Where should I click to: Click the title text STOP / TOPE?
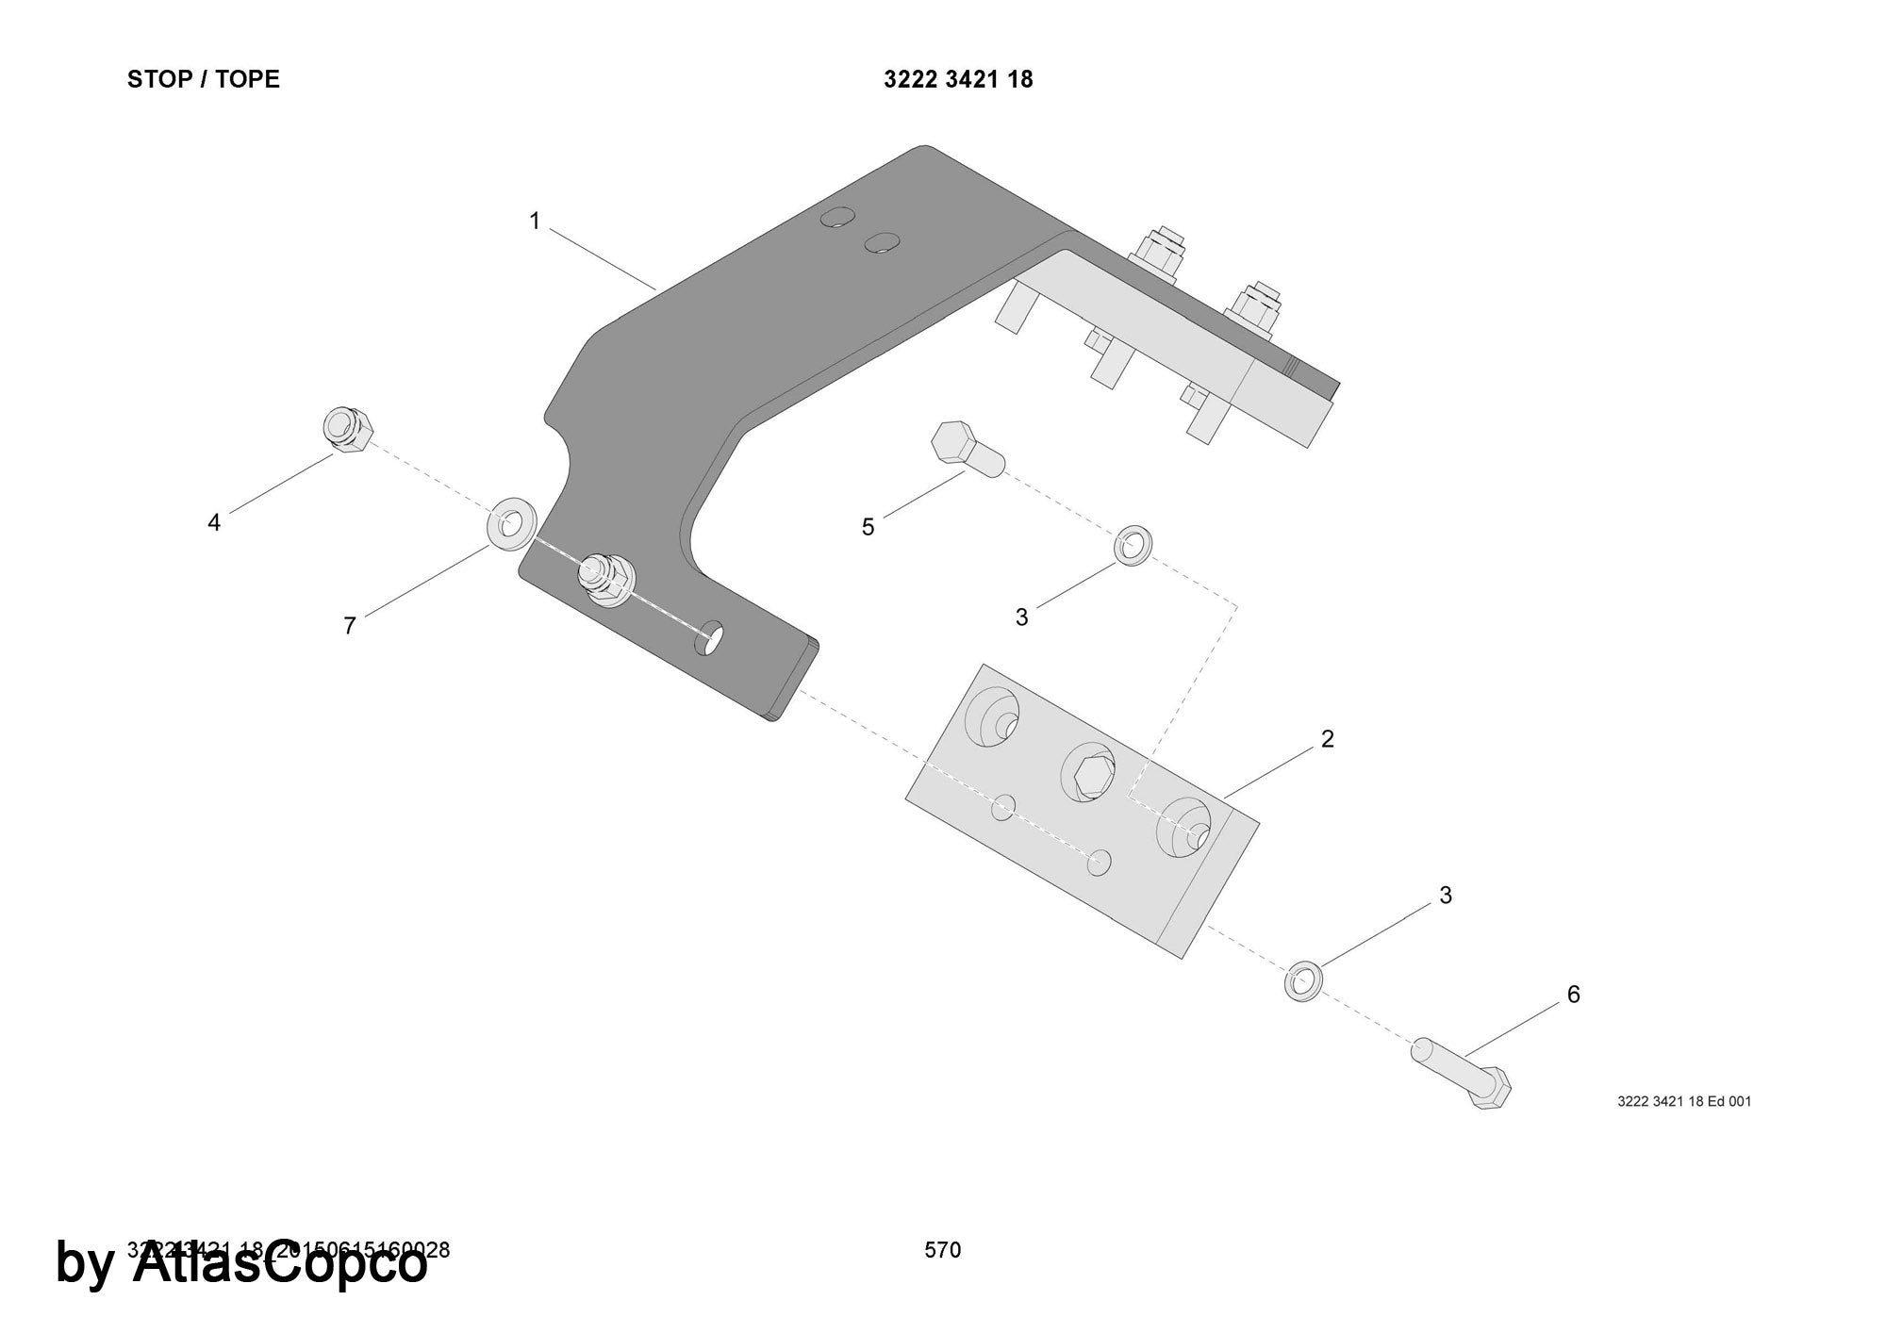click(x=204, y=79)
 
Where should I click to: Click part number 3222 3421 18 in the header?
click(x=958, y=80)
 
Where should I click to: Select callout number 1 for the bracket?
click(x=535, y=222)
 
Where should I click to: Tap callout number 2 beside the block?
click(x=1328, y=739)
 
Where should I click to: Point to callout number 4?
click(x=214, y=522)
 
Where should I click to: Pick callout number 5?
click(x=869, y=527)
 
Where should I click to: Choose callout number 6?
click(x=1573, y=995)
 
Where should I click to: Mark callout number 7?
click(x=350, y=626)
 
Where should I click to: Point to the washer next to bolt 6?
click(x=1302, y=980)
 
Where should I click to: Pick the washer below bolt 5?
click(x=1133, y=546)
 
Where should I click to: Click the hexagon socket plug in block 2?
click(x=1088, y=774)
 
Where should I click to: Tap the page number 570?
click(x=943, y=1250)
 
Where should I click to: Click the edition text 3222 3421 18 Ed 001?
click(x=1684, y=1101)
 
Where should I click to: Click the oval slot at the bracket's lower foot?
click(x=709, y=637)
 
